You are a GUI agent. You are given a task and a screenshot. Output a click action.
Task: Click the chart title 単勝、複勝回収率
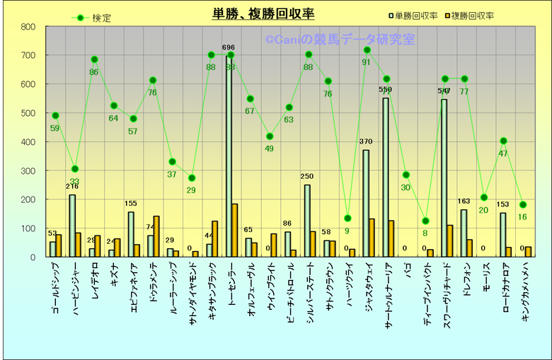263,13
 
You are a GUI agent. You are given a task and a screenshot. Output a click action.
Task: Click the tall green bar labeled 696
228,156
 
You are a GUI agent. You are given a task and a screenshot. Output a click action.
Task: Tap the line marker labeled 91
367,50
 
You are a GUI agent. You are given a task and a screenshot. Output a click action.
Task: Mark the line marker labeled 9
347,218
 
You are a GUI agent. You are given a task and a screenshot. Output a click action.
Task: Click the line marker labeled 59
55,115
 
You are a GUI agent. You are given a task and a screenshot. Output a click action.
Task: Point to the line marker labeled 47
504,141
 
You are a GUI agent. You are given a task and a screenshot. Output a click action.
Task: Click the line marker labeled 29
191,178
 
